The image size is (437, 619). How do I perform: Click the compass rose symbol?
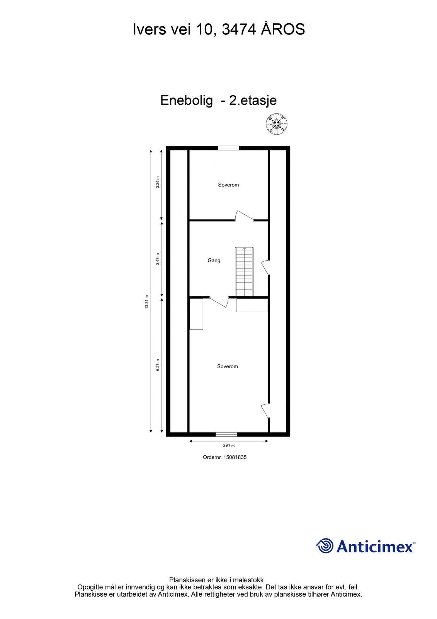[276, 124]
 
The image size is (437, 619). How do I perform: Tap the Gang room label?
[214, 260]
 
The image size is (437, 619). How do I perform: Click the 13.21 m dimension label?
[147, 302]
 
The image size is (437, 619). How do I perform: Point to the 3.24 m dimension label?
[158, 182]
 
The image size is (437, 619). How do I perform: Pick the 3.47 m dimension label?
[158, 259]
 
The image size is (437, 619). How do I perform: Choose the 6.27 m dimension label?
[158, 365]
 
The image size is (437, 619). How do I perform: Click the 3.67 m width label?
[229, 446]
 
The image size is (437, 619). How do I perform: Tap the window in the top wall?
[228, 148]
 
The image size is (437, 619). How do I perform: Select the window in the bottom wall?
[226, 434]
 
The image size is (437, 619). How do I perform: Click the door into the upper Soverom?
[244, 216]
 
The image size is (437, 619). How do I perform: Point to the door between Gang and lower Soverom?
[219, 302]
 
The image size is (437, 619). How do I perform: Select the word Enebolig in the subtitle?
[187, 100]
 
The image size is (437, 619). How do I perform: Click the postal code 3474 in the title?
[239, 29]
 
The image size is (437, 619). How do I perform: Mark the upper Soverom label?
[228, 185]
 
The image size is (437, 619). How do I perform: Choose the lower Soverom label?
[227, 366]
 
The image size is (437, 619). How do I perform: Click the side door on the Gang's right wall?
[265, 267]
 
